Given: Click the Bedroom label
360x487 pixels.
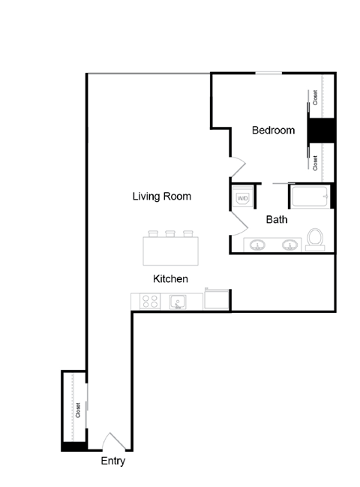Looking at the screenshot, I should click(273, 131).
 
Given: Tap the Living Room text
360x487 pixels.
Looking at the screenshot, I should click(161, 197).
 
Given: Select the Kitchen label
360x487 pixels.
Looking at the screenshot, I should click(170, 278).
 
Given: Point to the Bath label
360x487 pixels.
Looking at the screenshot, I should click(277, 220).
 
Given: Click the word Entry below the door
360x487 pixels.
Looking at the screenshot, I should click(112, 461).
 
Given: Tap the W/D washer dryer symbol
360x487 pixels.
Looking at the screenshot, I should click(242, 198).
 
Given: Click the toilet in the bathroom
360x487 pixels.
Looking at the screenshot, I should click(316, 238).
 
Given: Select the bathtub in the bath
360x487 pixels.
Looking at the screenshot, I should click(308, 198).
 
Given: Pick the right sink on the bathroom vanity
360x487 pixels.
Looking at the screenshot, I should click(290, 245).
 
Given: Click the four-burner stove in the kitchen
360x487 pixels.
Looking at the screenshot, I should click(150, 302).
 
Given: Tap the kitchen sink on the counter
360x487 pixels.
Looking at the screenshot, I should click(178, 302).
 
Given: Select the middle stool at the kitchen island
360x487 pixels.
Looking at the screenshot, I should click(169, 233).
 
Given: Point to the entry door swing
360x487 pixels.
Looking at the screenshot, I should click(110, 441).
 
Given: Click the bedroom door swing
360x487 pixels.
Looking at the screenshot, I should click(235, 166).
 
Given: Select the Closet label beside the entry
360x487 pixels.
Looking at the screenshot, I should click(77, 410).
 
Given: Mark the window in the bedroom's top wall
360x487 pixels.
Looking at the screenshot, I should click(268, 73).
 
